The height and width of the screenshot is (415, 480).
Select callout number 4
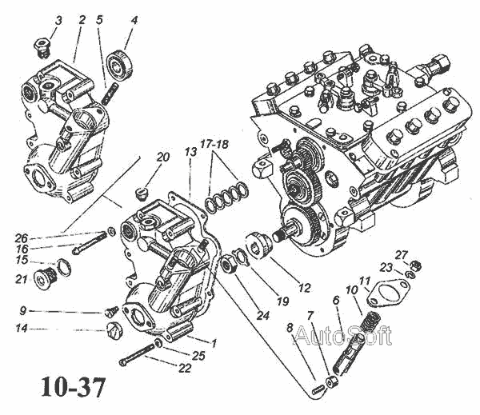tap(133, 19)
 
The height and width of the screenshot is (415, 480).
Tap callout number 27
tap(423, 255)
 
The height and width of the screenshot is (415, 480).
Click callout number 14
tap(22, 329)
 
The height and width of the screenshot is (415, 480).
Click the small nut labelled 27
tap(416, 265)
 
